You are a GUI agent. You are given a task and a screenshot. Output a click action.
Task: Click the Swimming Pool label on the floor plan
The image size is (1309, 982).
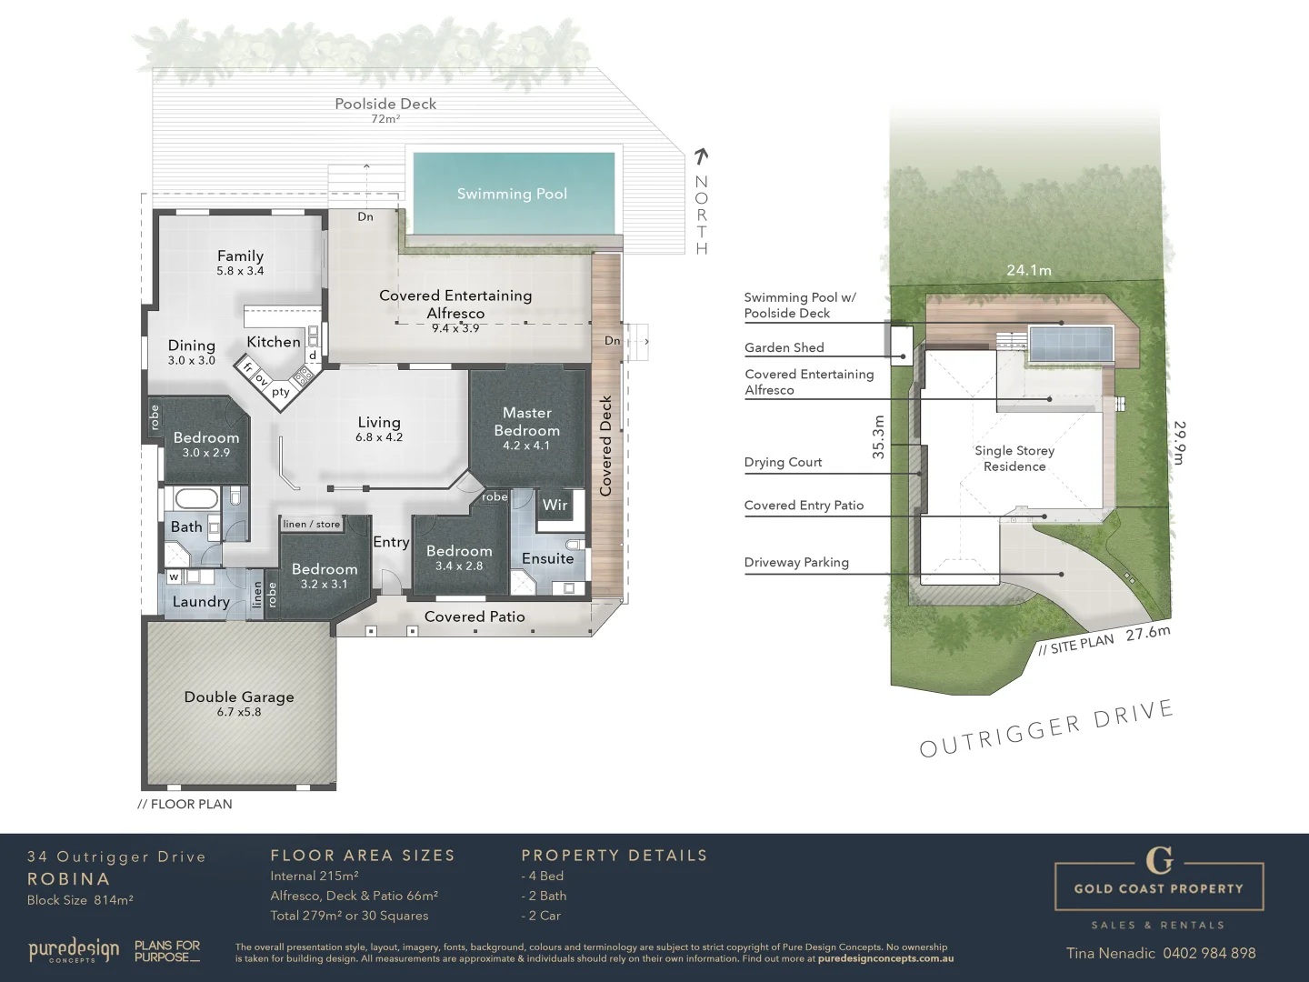point(512,194)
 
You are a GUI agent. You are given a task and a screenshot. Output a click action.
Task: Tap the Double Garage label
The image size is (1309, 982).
point(239,697)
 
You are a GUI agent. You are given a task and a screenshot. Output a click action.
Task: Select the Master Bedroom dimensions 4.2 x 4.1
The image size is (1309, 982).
point(526,446)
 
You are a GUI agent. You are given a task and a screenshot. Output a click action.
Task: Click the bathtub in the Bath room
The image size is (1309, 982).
point(195,499)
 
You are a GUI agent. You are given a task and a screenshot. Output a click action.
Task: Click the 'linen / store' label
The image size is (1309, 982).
point(311,524)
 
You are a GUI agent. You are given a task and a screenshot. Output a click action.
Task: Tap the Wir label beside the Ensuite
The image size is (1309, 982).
point(555,506)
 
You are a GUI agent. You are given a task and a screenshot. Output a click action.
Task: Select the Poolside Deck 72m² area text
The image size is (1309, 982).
point(385,119)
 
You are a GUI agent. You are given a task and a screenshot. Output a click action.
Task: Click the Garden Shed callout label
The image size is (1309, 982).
point(784,347)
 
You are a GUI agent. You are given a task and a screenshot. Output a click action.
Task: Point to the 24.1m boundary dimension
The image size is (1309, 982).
point(1028,270)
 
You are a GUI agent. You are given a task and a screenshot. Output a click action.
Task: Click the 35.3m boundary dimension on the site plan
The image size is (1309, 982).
point(878,436)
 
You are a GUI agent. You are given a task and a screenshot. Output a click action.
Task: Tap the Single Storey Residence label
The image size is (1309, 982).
point(1014,458)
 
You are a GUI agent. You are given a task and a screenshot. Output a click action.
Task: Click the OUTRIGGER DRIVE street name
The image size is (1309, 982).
point(1045,728)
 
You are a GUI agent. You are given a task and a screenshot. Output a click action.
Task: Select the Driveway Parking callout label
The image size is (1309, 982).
point(796,562)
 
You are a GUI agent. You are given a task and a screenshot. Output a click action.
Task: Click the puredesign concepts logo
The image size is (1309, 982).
point(74,951)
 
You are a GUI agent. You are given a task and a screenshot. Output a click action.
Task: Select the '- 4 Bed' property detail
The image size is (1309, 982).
point(543,876)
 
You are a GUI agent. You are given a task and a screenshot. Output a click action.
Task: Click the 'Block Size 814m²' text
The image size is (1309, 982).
point(80,900)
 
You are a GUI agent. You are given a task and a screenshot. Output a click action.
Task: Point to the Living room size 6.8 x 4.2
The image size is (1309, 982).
point(379,437)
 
